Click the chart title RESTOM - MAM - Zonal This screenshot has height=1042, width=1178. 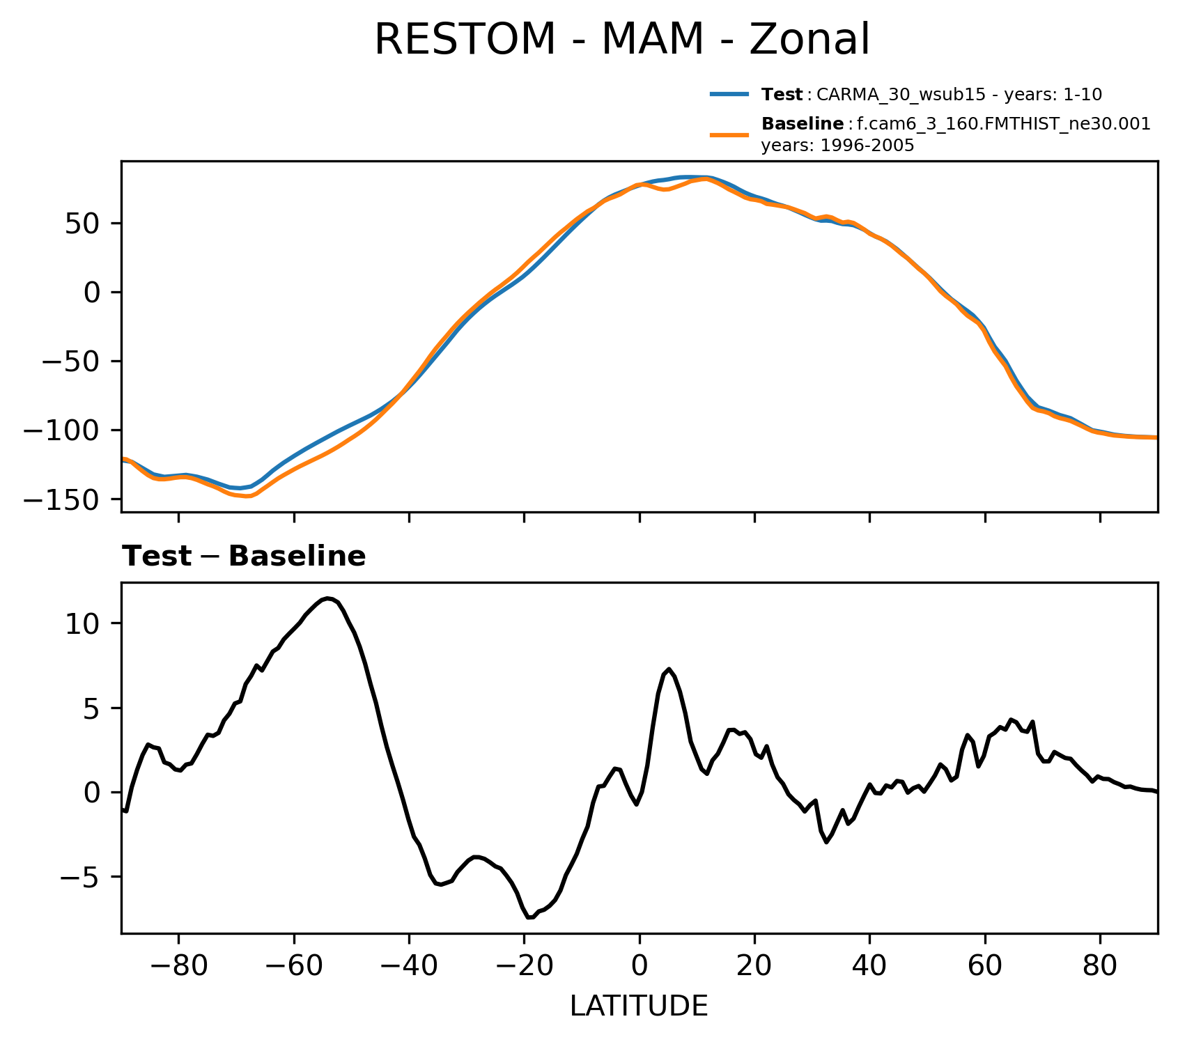pos(621,40)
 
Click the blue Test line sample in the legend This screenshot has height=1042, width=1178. pos(729,94)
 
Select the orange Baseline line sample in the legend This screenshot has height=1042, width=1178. pos(729,135)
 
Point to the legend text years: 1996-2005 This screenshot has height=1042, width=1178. pos(837,146)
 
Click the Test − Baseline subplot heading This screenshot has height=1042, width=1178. pos(244,557)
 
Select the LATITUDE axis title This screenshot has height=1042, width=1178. pos(639,1006)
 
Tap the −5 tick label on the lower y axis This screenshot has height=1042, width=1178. pos(82,877)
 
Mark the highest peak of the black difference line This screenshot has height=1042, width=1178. pos(327,598)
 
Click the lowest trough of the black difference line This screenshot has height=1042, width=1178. pos(529,917)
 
